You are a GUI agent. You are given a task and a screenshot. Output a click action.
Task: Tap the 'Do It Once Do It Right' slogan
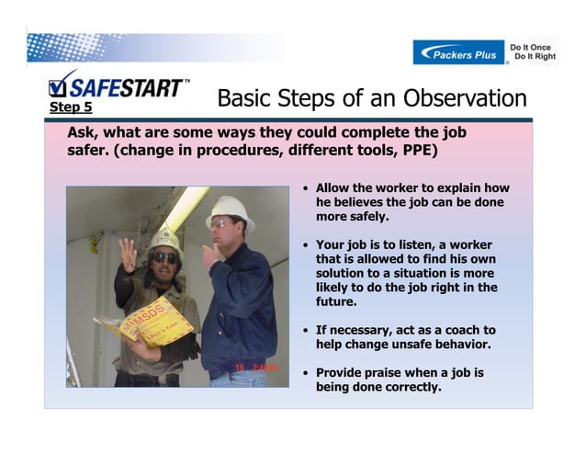click(x=533, y=51)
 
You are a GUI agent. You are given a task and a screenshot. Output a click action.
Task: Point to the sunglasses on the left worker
click(x=164, y=257)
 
